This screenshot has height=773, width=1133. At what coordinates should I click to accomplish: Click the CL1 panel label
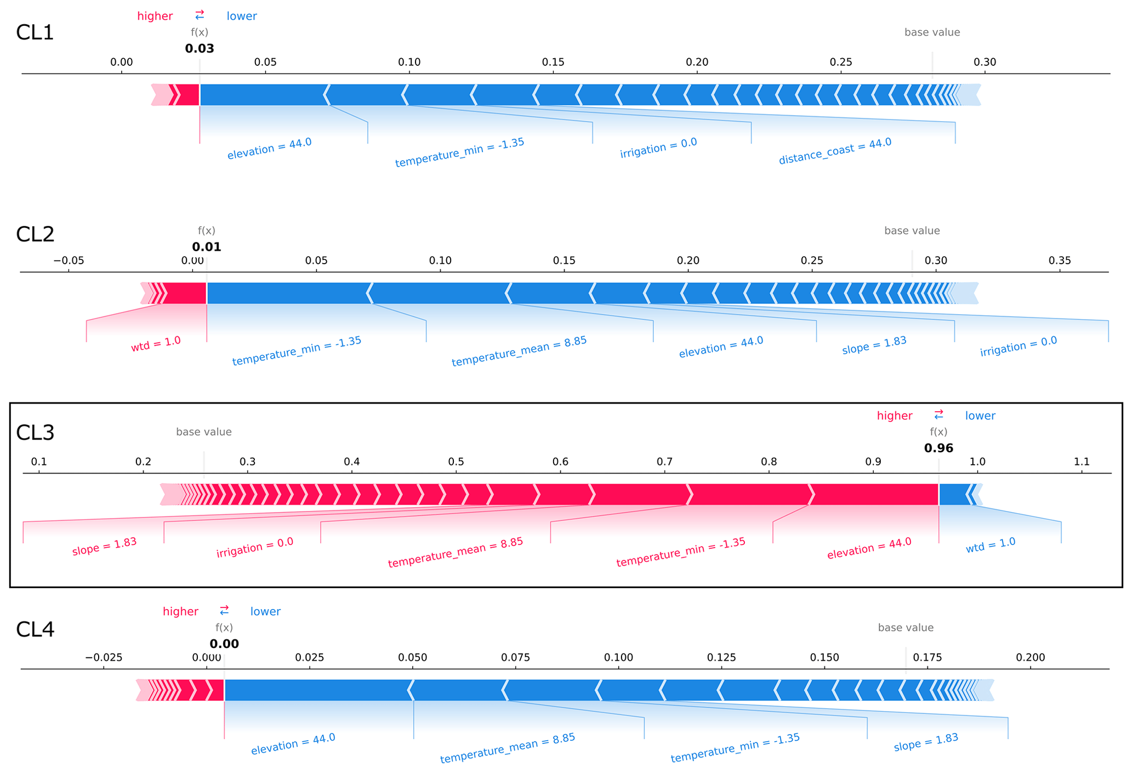[x=35, y=33]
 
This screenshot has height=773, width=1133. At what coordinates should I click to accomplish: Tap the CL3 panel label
[x=35, y=433]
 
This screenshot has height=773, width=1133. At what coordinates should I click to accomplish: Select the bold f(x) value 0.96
[x=938, y=448]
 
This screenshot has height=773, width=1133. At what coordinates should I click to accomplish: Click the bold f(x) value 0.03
[x=200, y=48]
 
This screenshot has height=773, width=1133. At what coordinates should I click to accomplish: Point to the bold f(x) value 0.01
[x=207, y=247]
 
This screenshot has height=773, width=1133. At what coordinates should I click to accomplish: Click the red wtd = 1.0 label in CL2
[x=156, y=344]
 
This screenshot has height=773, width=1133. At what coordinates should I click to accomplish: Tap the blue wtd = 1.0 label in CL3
[x=990, y=545]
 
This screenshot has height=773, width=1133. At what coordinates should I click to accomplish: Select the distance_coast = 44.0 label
[x=835, y=151]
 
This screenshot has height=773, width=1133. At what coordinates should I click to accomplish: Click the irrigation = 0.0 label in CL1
[x=658, y=147]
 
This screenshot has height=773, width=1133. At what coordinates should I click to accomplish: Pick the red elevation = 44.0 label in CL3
[x=869, y=548]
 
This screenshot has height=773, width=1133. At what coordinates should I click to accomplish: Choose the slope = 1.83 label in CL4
[x=926, y=742]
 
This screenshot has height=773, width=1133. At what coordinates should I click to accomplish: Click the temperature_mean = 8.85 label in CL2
[x=519, y=351]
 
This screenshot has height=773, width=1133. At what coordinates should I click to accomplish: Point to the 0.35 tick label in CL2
[x=1060, y=260]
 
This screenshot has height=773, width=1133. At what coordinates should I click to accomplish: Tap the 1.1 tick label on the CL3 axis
[x=1081, y=462]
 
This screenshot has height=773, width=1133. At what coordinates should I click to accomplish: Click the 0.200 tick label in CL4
[x=1030, y=657]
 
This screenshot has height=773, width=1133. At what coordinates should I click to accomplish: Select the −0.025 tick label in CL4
[x=104, y=657]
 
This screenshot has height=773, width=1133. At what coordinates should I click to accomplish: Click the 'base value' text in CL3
[x=204, y=432]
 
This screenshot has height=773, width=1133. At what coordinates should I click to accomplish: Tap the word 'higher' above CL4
[x=180, y=611]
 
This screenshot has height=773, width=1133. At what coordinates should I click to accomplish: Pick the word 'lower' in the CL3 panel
[x=980, y=416]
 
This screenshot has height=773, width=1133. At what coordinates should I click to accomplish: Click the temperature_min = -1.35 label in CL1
[x=459, y=152]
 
